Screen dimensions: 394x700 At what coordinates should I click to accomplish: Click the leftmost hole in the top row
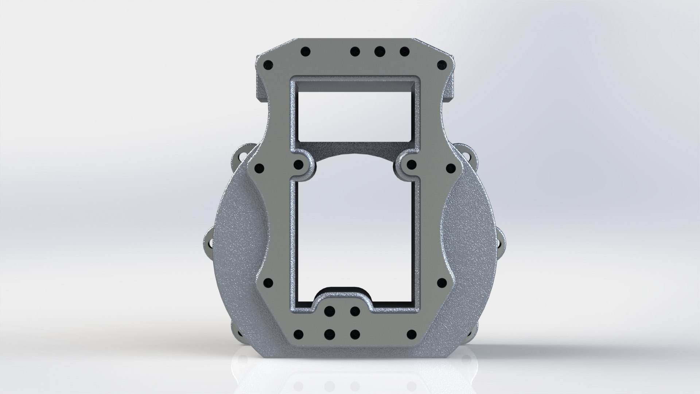point(306,51)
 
